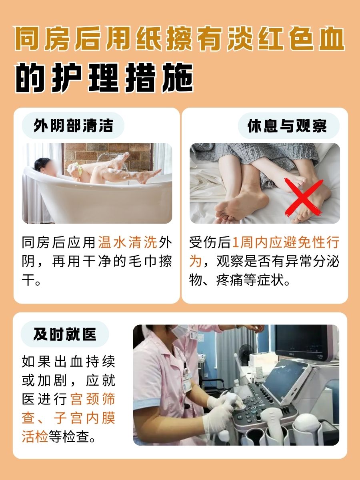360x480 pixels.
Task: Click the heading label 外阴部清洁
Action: point(73,126)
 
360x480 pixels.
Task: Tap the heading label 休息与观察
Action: point(287,126)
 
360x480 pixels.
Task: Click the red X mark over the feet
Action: point(303,197)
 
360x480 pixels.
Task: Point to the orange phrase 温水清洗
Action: point(128,242)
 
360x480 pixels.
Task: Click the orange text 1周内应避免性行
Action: point(286,242)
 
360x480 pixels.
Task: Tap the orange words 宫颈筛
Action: point(93,399)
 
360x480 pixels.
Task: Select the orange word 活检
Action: point(35,436)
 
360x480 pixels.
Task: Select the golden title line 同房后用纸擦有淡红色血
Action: point(180,39)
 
